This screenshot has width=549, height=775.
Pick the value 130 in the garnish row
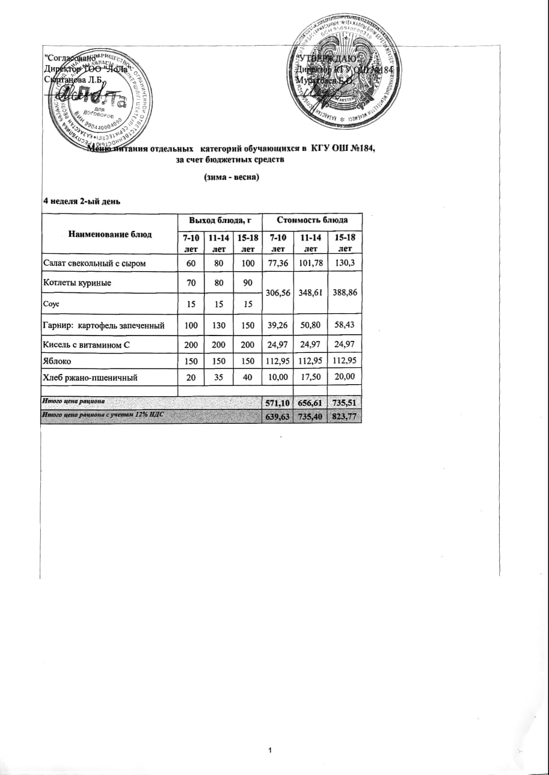point(216,325)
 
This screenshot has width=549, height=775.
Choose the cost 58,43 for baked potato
point(345,325)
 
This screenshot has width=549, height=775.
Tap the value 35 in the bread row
point(216,378)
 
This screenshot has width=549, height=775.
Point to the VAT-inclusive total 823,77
point(345,416)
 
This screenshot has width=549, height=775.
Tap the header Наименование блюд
point(110,234)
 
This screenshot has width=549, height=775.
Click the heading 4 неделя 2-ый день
point(81,201)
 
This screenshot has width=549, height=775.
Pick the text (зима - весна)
point(232,177)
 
